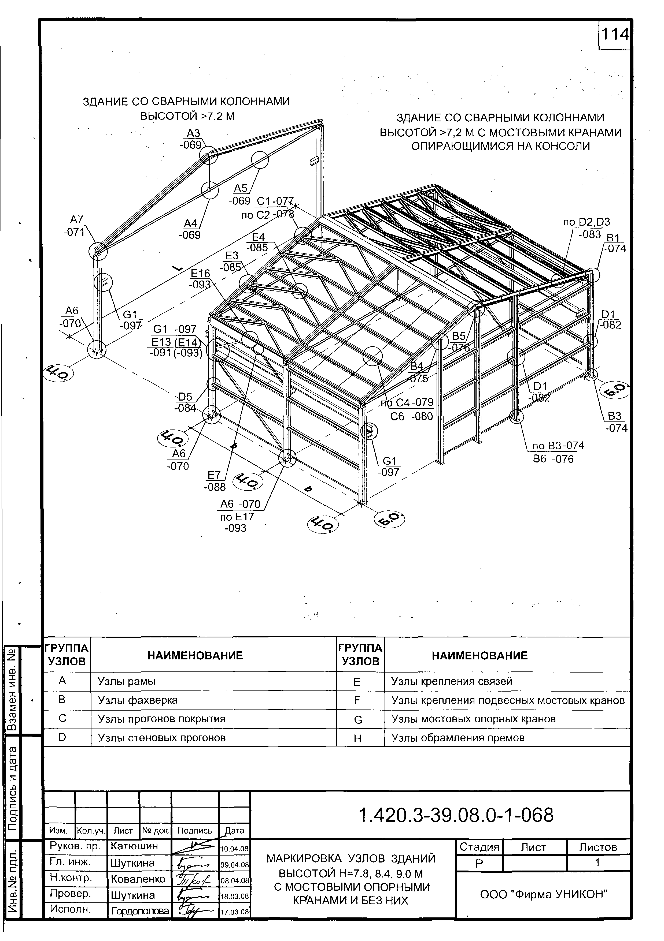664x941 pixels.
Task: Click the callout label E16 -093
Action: (200, 279)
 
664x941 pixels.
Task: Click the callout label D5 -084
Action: (185, 402)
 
